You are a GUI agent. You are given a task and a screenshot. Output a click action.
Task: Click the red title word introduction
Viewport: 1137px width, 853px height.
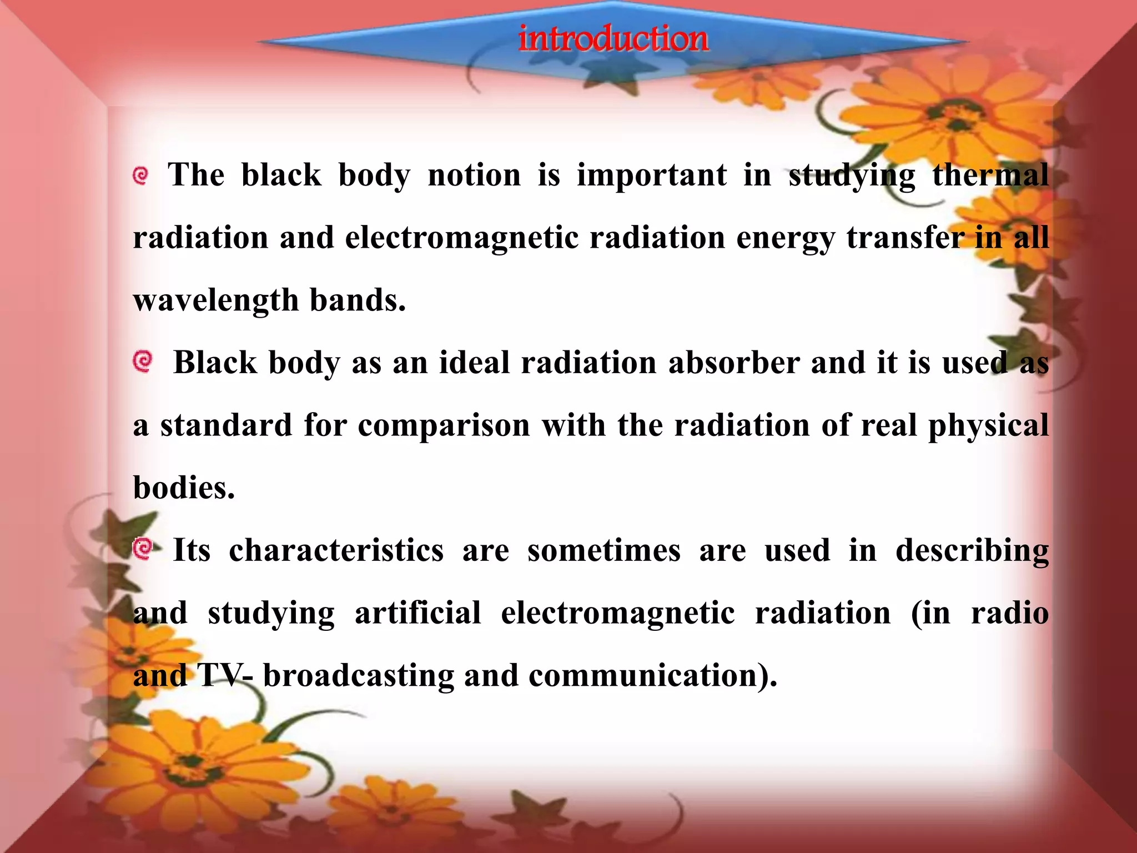tap(613, 39)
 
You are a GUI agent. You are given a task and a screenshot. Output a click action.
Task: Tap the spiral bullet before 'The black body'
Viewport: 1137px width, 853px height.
tap(141, 176)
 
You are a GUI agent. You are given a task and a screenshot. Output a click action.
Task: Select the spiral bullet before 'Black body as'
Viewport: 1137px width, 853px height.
tap(143, 362)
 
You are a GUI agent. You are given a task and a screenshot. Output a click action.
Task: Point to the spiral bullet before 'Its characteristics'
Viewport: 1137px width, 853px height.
tap(143, 549)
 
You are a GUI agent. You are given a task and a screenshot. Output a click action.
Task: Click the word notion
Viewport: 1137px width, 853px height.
tap(474, 175)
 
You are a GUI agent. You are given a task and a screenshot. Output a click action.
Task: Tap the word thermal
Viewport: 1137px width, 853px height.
tap(990, 175)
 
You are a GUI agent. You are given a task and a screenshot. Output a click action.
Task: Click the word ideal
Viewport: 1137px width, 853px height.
tap(474, 363)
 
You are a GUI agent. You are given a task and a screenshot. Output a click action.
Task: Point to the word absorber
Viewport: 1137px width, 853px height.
tap(734, 363)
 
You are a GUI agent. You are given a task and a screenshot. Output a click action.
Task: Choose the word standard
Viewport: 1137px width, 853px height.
tap(226, 426)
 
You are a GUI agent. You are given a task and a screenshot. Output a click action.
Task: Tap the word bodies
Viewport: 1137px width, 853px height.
tap(184, 489)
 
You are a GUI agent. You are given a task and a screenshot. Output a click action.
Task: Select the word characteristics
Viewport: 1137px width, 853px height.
tap(336, 551)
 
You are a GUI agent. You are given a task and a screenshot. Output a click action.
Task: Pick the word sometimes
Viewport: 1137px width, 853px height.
tap(603, 551)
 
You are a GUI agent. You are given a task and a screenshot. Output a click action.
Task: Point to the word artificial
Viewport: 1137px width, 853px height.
tap(417, 614)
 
